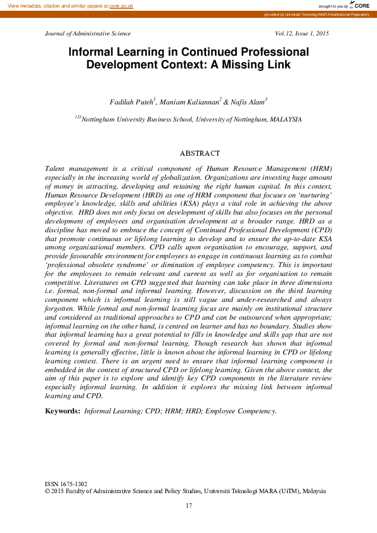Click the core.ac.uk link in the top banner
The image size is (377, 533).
click(121, 5)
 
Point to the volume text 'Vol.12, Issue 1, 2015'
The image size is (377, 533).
click(302, 33)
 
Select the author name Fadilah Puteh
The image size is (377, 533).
click(131, 101)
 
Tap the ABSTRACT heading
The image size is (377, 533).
click(200, 153)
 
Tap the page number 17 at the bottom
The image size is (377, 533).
click(188, 505)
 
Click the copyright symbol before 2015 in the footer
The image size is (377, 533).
click(48, 491)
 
